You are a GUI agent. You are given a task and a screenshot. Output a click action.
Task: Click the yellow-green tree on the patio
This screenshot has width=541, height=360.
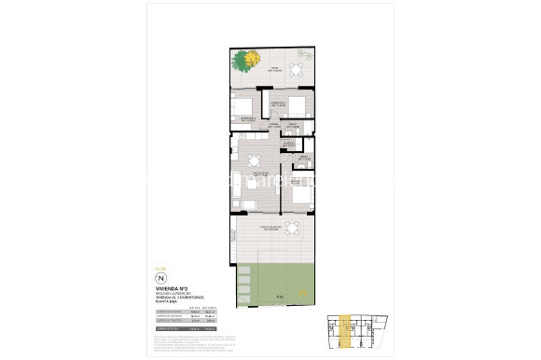pos(246,62)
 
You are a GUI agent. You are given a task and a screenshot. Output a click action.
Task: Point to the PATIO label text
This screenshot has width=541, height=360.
pos(276,70)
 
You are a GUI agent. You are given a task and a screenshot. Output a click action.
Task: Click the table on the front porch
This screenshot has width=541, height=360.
pos(293,228)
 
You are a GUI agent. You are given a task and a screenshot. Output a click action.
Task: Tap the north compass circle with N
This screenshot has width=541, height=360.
pos(160,278)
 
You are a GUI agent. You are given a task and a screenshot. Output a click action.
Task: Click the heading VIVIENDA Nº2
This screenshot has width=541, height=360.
pos(171,290)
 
